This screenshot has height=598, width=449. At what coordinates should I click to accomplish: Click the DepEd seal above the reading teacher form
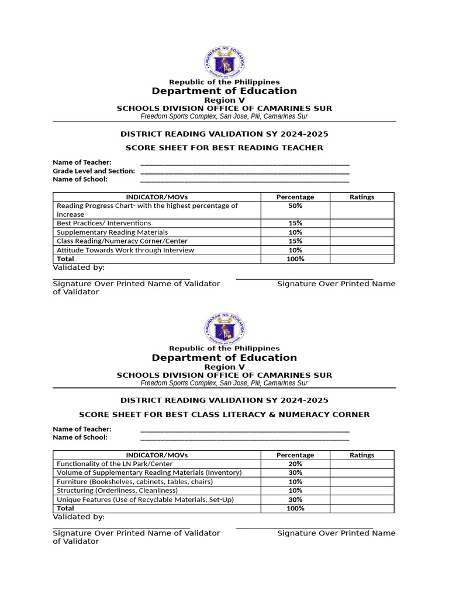pyautogui.click(x=224, y=62)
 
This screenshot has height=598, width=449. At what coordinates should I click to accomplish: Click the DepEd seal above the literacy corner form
pyautogui.click(x=224, y=329)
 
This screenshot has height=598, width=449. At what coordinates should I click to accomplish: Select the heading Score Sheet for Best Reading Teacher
pyautogui.click(x=224, y=148)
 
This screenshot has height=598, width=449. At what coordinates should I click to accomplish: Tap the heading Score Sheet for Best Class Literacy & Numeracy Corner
pyautogui.click(x=224, y=415)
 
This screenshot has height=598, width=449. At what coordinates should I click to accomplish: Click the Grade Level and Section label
pyautogui.click(x=94, y=171)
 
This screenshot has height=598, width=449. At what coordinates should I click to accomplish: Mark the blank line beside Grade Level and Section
pyautogui.click(x=245, y=172)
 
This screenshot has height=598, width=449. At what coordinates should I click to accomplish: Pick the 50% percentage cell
pyautogui.click(x=295, y=206)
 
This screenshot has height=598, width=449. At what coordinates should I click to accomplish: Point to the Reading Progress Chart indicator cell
pyautogui.click(x=147, y=210)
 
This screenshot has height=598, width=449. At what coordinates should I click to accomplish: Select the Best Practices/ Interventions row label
pyautogui.click(x=103, y=223)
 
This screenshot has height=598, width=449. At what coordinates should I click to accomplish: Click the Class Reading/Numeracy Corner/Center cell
pyautogui.click(x=122, y=241)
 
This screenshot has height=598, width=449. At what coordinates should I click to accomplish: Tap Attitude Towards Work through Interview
pyautogui.click(x=125, y=250)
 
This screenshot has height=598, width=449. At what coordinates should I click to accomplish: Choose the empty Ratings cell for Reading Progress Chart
pyautogui.click(x=362, y=210)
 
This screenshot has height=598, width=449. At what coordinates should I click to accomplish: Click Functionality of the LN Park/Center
pyautogui.click(x=106, y=464)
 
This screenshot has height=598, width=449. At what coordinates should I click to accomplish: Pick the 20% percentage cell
pyautogui.click(x=295, y=464)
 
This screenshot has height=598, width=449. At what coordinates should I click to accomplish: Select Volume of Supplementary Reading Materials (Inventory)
pyautogui.click(x=149, y=472)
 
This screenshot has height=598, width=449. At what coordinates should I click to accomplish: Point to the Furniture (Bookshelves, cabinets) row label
pyautogui.click(x=134, y=482)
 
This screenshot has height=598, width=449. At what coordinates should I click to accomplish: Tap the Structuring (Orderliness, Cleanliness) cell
pyautogui.click(x=117, y=491)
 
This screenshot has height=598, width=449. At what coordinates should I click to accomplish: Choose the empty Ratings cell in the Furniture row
pyautogui.click(x=362, y=482)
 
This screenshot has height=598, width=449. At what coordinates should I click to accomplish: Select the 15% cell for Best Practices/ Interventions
pyautogui.click(x=295, y=223)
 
